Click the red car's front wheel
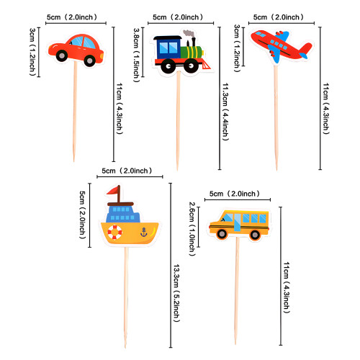click(62, 55)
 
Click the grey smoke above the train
click(189, 35)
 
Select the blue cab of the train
click(168, 48)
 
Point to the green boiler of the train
click(192, 52)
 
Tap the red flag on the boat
click(114, 190)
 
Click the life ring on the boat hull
click(114, 232)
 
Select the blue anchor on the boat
click(143, 233)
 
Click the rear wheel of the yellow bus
click(255, 235)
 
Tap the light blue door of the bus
click(237, 222)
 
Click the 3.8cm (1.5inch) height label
click(137, 55)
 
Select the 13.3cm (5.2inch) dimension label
click(176, 293)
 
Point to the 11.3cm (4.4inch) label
click(225, 112)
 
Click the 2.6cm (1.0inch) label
click(192, 229)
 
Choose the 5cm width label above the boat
click(127, 171)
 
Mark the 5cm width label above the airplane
click(278, 17)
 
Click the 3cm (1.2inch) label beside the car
click(32, 52)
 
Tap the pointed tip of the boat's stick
click(125, 347)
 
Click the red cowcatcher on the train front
click(206, 65)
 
